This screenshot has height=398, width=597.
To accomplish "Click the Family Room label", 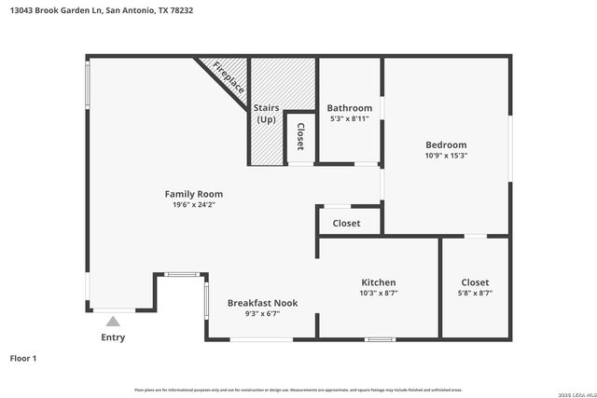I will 194,194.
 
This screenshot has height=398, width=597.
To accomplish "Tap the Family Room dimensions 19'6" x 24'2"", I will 194,205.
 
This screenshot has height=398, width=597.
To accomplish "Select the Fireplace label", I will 229,76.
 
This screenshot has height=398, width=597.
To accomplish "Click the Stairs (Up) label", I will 266,114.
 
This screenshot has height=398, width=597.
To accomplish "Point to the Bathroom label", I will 349,108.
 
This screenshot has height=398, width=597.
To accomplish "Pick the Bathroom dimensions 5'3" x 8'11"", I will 349,119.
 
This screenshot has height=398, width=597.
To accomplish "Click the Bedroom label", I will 446,144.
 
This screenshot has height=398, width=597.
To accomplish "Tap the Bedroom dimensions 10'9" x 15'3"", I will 446,156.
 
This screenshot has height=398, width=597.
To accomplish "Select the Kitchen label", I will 379,282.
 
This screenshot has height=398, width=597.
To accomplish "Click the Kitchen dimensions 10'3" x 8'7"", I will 379,294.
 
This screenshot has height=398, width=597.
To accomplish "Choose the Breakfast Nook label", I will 263,303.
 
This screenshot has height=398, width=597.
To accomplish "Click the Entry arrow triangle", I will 113,321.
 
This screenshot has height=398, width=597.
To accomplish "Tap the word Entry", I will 113,337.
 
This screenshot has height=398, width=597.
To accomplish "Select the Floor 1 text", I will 22,358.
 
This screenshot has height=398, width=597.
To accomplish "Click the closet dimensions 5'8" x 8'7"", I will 475,294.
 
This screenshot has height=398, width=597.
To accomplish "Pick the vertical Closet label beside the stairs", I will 299,137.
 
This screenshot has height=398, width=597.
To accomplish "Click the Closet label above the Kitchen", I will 346,224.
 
